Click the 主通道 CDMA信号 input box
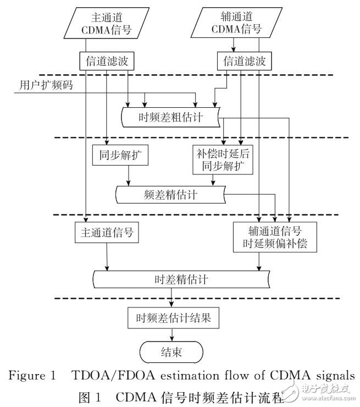pos(102,24)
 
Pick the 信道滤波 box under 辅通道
pos(242,61)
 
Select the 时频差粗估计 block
pos(170,117)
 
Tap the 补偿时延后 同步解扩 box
pos(223,159)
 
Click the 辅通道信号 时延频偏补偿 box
pos(274,237)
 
